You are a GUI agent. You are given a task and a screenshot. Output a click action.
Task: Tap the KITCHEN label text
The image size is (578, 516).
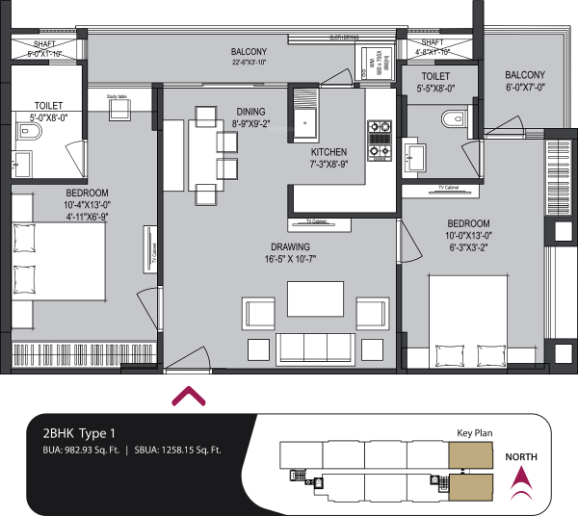coord(328,152)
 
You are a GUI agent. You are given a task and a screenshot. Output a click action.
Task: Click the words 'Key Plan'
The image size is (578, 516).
coord(474,434)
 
